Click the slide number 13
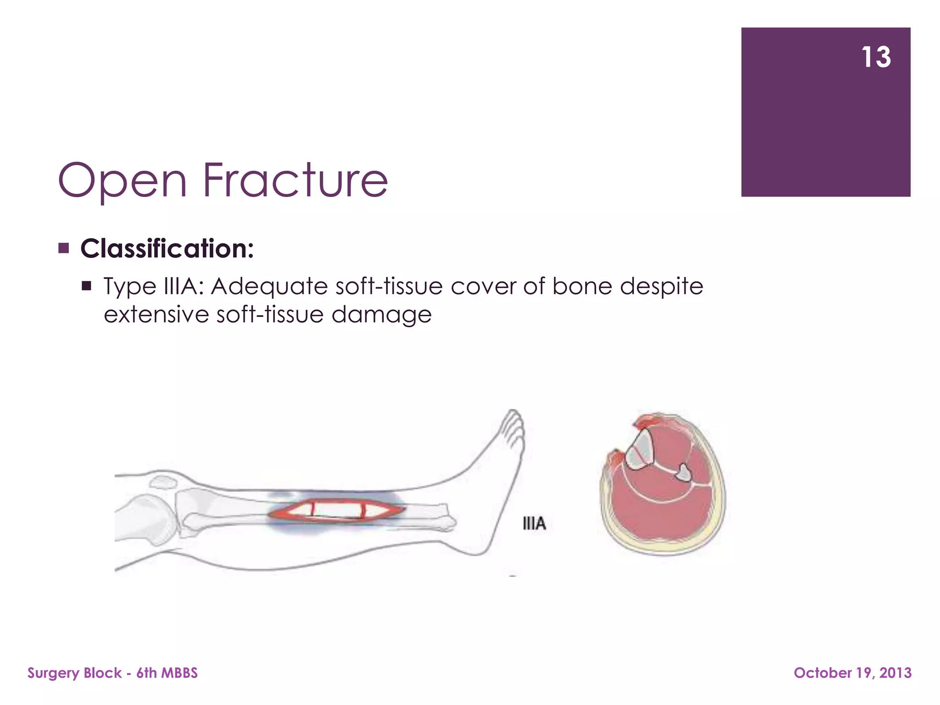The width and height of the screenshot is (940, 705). click(876, 57)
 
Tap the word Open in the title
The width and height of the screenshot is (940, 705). click(122, 182)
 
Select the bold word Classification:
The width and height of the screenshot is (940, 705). click(167, 249)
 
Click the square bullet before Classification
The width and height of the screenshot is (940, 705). click(64, 249)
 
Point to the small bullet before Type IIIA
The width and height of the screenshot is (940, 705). click(86, 286)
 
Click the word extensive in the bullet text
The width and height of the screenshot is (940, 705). click(156, 315)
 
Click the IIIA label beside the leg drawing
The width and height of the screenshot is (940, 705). click(534, 523)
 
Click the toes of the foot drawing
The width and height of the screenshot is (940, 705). click(513, 427)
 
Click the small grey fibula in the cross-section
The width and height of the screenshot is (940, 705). click(684, 473)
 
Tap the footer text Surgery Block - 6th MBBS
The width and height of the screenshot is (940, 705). click(112, 673)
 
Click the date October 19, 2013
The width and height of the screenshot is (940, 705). click(852, 673)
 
